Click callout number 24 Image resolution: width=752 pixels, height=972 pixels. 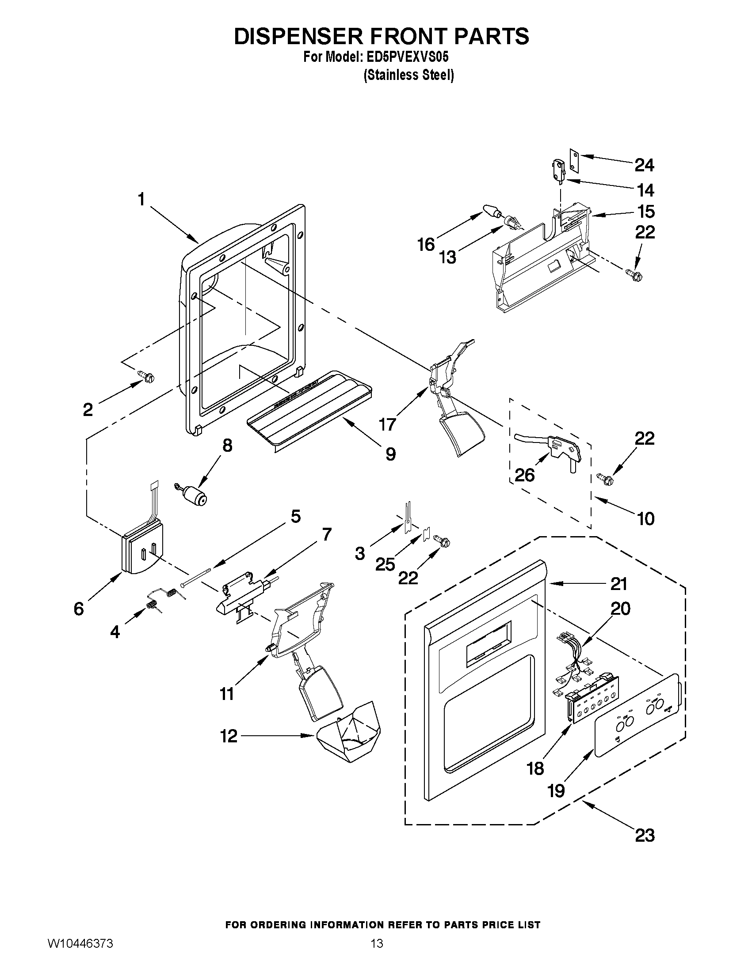tap(644, 166)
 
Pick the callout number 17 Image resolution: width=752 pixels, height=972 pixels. tap(387, 424)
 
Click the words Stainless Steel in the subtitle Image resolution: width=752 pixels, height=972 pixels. tap(408, 75)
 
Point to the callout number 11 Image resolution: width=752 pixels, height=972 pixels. tap(227, 694)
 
